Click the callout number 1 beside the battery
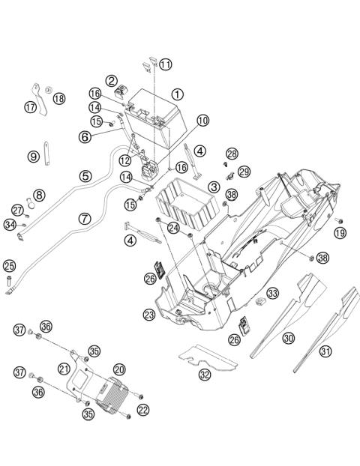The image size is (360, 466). (x=177, y=94)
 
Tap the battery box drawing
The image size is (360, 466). (x=155, y=118)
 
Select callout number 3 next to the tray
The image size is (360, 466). (x=214, y=187)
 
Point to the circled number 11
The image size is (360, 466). (x=166, y=64)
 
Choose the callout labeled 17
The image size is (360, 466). (x=30, y=107)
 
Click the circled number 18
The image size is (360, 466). (x=59, y=98)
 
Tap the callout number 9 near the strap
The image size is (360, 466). (x=33, y=157)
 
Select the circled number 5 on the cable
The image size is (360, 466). (x=85, y=176)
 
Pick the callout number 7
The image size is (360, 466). (x=85, y=219)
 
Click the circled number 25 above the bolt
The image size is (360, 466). (x=9, y=266)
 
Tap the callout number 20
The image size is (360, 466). (x=119, y=369)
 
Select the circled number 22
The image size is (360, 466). (x=143, y=410)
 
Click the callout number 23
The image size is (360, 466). (x=149, y=314)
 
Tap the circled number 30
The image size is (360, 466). (x=289, y=338)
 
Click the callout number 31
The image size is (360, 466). (x=325, y=351)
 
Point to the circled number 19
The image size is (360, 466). (x=340, y=233)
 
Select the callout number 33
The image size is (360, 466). (x=272, y=294)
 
